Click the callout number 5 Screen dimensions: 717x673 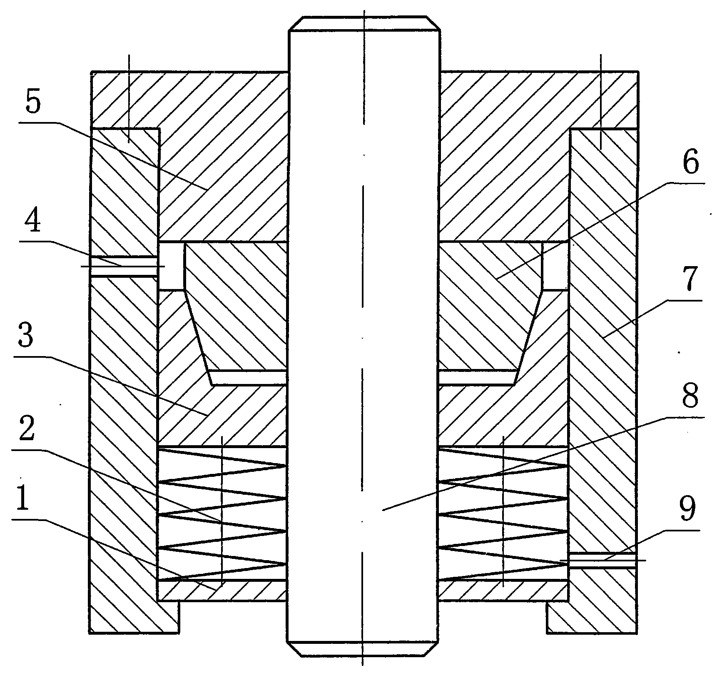(34, 102)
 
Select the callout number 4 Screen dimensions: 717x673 (33, 221)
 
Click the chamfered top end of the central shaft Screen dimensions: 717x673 (363, 23)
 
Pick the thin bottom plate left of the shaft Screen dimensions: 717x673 (222, 591)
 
